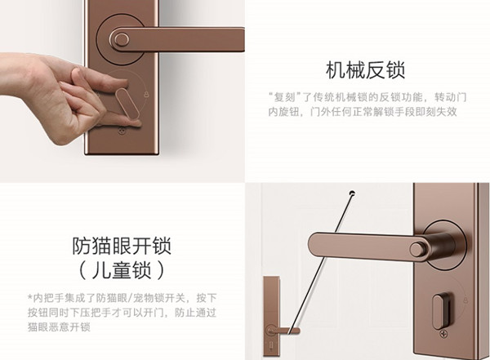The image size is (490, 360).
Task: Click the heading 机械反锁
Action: point(365,70)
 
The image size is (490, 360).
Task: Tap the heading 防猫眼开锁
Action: point(122,247)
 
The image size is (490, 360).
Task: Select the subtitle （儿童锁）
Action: point(122,270)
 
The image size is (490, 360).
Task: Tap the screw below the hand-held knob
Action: point(122,131)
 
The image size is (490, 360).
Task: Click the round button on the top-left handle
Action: point(122,40)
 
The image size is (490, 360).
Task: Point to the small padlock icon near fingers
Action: point(146,94)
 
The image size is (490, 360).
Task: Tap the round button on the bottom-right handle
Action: point(417,250)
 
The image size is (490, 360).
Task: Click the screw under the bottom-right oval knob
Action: point(443,334)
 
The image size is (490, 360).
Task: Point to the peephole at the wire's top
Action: point(353,193)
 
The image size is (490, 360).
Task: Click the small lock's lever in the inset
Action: point(286,331)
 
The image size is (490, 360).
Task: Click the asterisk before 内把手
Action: point(29,297)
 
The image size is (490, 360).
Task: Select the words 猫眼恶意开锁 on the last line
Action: point(59,327)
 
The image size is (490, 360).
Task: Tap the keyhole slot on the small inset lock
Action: point(271,345)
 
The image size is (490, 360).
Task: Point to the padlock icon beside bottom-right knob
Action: point(465,300)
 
